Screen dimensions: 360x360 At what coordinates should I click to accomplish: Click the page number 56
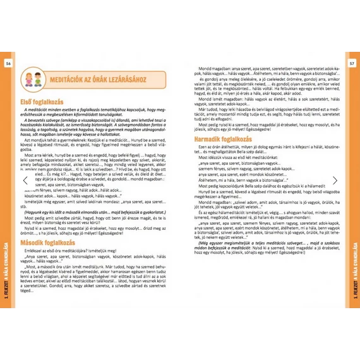(8, 64)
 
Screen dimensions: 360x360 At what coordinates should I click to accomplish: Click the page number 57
(352, 64)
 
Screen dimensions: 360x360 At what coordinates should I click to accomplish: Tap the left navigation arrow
(26, 181)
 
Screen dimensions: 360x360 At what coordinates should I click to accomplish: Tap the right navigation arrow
(335, 181)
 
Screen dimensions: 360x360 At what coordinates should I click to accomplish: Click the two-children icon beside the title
(32, 80)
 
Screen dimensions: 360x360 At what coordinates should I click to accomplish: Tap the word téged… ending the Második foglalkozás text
(29, 291)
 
